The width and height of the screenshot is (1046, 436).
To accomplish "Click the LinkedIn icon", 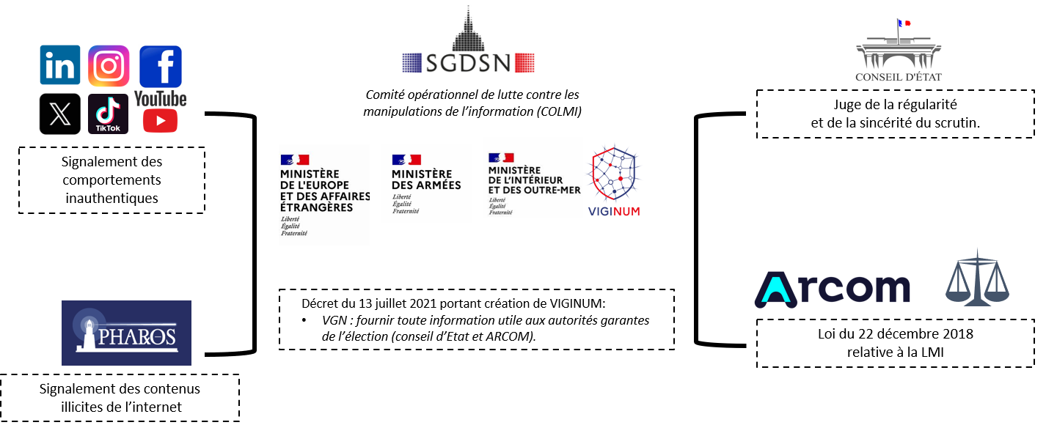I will click(x=59, y=65).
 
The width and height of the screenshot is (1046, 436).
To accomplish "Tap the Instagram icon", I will click(x=109, y=66).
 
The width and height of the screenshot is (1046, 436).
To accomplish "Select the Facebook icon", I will click(x=160, y=66).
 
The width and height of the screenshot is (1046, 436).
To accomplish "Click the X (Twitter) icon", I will click(x=59, y=114).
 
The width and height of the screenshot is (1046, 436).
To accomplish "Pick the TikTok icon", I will click(x=109, y=114).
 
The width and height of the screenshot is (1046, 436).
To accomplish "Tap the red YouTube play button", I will click(x=160, y=120).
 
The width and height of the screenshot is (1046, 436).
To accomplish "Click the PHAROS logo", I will click(x=126, y=333).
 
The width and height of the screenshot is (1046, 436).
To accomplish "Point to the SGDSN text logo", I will click(x=468, y=62).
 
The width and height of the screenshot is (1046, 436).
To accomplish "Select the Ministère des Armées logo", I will click(x=426, y=183).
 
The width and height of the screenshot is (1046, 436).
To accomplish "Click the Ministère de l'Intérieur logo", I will click(x=533, y=183).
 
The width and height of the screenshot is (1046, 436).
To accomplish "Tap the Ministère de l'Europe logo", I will click(x=316, y=194).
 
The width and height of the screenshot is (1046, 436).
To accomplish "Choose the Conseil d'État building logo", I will click(x=898, y=51).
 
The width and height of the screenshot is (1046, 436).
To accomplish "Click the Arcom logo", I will click(x=832, y=289).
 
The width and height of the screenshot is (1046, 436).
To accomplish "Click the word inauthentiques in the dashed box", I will click(x=111, y=198).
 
